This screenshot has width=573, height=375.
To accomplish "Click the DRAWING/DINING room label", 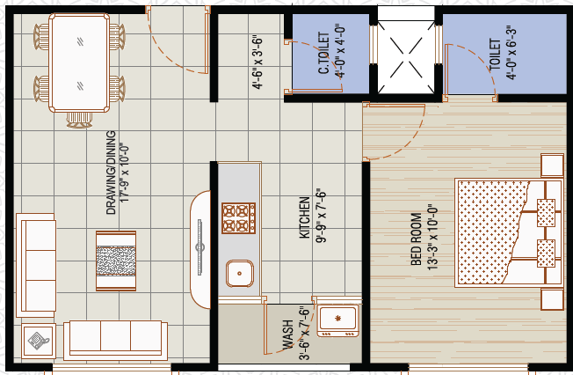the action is (x=111, y=173).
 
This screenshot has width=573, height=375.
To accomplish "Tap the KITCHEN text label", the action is (x=304, y=217).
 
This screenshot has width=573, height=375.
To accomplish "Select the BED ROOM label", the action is (x=417, y=239).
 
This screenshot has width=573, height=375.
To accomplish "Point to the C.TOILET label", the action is (x=323, y=53).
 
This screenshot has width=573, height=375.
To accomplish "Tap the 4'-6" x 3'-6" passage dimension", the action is (x=257, y=62).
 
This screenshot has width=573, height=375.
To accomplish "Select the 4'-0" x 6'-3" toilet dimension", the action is (x=511, y=52).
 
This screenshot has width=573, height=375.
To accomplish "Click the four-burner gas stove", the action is (x=238, y=218).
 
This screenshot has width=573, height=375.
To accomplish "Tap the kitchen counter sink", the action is (x=239, y=273).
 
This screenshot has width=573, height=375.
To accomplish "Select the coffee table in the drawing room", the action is (x=116, y=261).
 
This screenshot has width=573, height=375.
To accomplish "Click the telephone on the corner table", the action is (x=39, y=341).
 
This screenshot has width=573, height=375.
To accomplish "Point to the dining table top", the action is (x=79, y=62).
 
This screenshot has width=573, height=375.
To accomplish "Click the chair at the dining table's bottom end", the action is (x=79, y=120).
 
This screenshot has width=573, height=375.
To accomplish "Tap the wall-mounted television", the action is (x=199, y=247).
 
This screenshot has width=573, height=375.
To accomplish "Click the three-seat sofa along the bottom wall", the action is (x=115, y=341).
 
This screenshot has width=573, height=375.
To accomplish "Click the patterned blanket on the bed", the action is (x=492, y=232).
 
